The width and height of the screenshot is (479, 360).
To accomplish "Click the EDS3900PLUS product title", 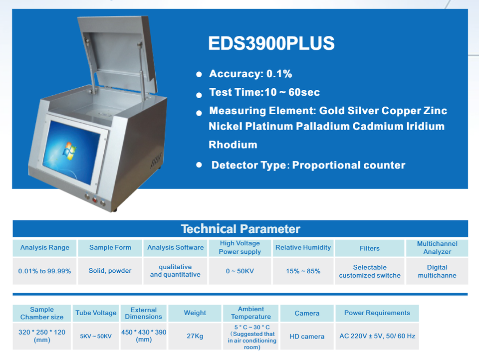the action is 271,43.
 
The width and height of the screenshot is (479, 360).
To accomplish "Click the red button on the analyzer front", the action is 95,200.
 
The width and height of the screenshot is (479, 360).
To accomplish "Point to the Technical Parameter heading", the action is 240,229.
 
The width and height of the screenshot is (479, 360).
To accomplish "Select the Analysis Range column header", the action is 44,248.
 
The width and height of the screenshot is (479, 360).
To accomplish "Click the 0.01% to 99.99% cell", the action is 44,271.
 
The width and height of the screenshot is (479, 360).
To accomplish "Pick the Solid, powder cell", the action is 110,271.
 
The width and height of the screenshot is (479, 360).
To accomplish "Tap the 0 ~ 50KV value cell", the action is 240,271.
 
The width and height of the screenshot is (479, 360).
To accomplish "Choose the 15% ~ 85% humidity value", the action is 303,271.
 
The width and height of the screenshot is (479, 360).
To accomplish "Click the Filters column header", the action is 370,248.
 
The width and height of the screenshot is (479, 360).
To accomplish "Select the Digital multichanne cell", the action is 437,271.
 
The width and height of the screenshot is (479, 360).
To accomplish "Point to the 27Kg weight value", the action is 195,336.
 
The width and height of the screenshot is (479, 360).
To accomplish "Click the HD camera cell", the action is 307,336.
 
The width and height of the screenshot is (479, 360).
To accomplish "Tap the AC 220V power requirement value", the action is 377,336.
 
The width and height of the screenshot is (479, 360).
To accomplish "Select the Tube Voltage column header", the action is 96,313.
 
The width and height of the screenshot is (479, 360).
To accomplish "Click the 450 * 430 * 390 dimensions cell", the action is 144,336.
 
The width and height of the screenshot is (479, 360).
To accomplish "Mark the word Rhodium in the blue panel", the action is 233,145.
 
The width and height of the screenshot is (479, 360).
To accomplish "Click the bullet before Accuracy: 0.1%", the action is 199,74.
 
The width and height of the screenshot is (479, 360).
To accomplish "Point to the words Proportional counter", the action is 349,165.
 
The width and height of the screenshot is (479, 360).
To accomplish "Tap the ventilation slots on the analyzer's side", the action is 156,161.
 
